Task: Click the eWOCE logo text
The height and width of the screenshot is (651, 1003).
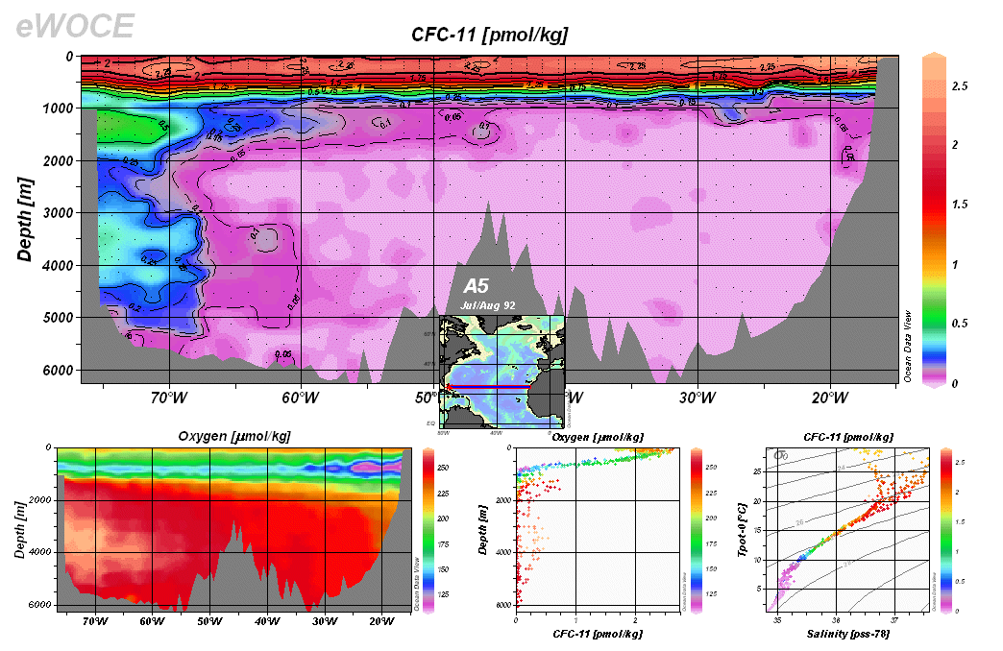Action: pos(75,26)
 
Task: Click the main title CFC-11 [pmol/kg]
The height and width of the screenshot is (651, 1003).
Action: pos(489,36)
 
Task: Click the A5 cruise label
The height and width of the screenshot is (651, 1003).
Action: pos(477,286)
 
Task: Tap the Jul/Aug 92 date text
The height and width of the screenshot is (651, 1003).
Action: pos(489,304)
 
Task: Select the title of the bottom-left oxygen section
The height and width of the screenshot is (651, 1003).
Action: pos(234,437)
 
